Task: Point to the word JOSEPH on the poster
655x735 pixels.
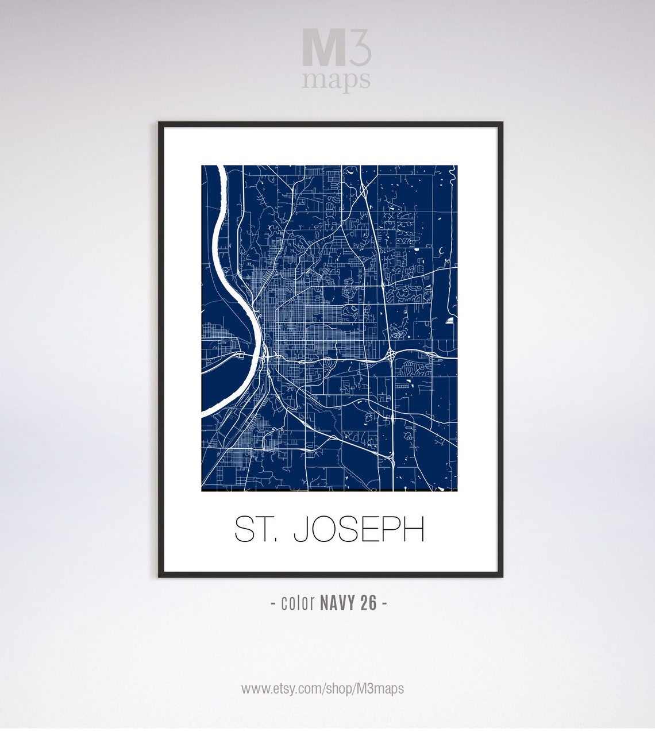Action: click(359, 529)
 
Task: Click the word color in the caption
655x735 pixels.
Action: click(298, 603)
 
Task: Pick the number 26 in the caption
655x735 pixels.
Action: click(369, 603)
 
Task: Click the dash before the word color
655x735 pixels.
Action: click(273, 603)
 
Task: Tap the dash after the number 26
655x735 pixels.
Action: click(384, 603)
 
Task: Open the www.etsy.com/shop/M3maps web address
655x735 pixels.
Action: click(322, 688)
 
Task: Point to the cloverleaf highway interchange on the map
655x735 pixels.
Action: click(390, 355)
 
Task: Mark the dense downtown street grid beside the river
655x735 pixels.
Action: click(287, 322)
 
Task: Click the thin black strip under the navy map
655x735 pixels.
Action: click(329, 491)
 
